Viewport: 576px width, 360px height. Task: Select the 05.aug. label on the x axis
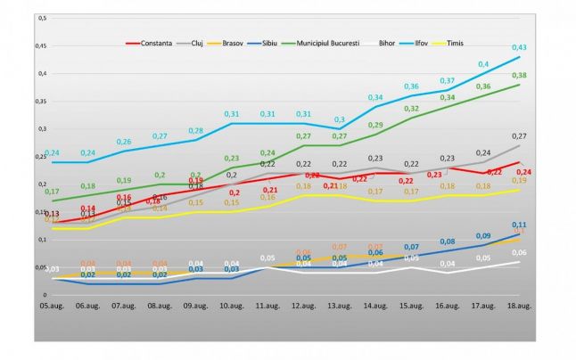pos(49,306)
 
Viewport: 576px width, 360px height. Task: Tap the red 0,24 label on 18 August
pos(524,171)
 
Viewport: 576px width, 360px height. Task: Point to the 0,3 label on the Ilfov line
pos(340,119)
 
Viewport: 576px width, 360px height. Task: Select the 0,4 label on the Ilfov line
pos(484,64)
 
